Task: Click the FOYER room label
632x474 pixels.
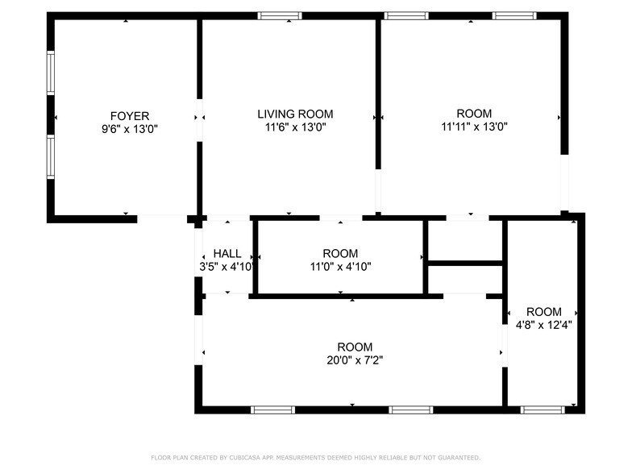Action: (130, 115)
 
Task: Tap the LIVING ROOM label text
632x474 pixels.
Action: (295, 114)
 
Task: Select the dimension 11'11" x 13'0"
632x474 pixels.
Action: (473, 127)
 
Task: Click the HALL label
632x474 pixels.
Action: (227, 253)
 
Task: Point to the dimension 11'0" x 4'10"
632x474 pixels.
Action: (340, 266)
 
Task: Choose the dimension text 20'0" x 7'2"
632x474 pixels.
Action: (355, 360)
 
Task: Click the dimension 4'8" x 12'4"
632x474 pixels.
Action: (543, 325)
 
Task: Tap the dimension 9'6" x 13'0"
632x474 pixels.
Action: (130, 127)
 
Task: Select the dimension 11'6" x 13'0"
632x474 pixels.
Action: (295, 127)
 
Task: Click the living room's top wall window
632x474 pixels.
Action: (280, 15)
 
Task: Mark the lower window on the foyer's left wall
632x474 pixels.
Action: (50, 156)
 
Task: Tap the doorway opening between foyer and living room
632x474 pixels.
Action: (198, 120)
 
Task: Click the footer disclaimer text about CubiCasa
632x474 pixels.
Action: (315, 457)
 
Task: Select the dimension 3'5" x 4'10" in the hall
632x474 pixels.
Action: (227, 266)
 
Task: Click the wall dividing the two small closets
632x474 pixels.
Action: (465, 262)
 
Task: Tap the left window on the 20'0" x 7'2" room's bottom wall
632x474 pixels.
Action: (272, 410)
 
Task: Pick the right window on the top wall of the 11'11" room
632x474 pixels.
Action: (514, 15)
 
